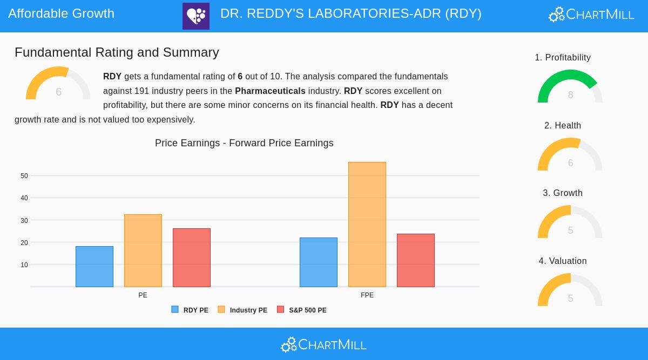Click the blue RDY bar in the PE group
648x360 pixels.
[94, 267]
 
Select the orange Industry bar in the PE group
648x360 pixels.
[143, 250]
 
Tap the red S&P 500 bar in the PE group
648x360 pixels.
[192, 257]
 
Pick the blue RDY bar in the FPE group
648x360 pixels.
[319, 262]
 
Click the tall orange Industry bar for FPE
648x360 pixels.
[367, 225]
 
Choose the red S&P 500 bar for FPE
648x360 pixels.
[416, 260]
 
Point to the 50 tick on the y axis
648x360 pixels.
[24, 176]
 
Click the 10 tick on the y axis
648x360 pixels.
[24, 265]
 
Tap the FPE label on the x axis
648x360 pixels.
[367, 295]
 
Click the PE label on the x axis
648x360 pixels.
[143, 295]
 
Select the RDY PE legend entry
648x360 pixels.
[190, 310]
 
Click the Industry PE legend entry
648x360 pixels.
[243, 310]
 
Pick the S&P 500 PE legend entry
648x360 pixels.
[302, 310]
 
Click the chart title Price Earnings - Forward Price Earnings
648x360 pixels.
[244, 143]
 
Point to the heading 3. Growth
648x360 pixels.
[563, 193]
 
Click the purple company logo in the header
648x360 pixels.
[196, 16]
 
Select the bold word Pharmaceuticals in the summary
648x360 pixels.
[270, 91]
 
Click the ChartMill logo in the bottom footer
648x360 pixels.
[324, 344]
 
